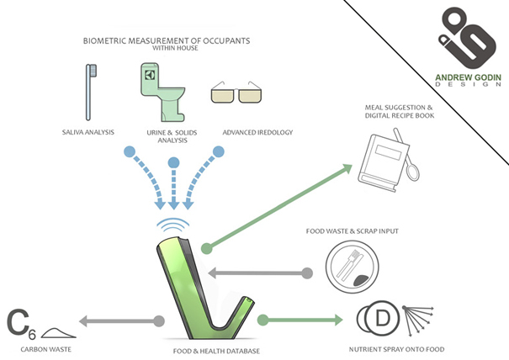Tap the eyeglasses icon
pos(236,93)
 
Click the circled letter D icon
pos(375,320)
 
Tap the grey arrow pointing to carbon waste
pos(118,320)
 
